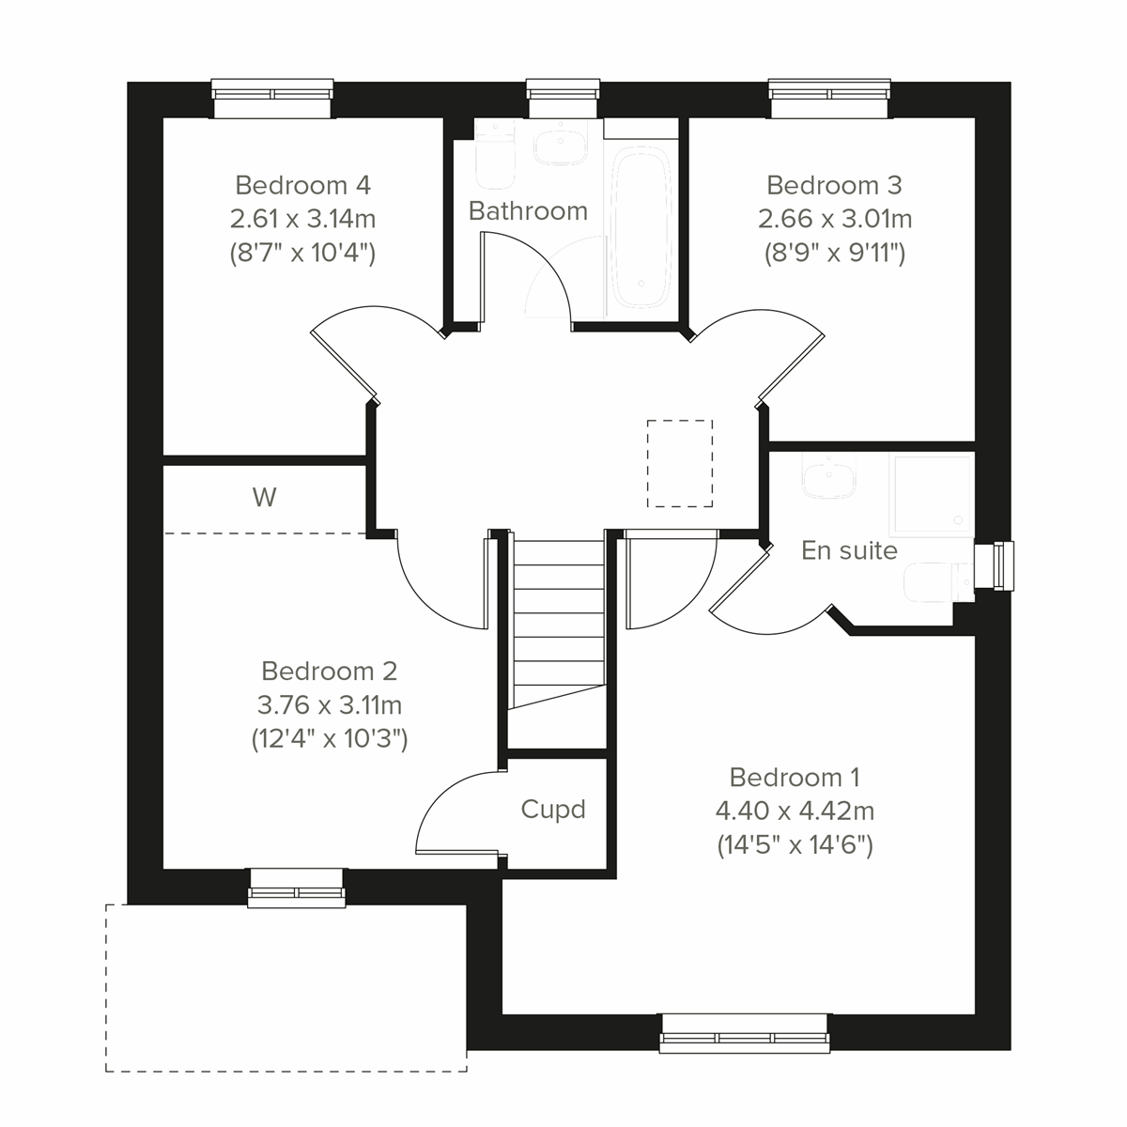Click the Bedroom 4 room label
302,184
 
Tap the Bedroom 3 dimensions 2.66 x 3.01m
835,219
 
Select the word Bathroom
528,211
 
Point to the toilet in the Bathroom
494,154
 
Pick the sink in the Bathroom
560,147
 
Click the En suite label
849,550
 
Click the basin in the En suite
829,478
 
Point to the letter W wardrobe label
265,497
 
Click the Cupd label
553,809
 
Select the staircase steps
558,620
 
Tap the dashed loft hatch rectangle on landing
680,463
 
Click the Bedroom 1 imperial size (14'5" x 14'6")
795,845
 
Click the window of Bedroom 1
745,1032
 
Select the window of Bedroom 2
297,888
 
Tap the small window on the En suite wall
996,567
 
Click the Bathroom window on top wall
563,98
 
